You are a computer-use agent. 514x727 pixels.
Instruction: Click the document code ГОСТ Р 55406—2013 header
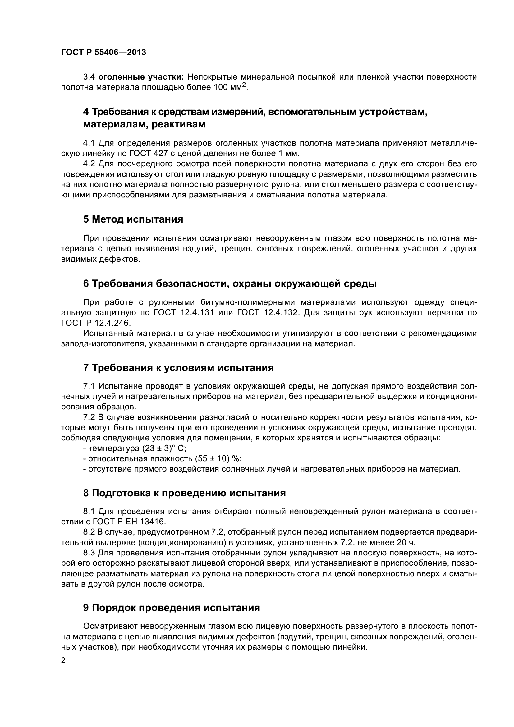(103, 52)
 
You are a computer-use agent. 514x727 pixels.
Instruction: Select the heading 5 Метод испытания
(133, 219)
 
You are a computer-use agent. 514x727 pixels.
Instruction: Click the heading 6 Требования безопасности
(230, 283)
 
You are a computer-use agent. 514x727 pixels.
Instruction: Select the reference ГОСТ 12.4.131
(184, 312)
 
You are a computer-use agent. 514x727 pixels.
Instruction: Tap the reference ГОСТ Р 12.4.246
(96, 323)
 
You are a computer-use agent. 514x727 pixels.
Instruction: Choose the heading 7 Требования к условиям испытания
(178, 368)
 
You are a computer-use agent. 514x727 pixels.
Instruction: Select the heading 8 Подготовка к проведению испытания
(185, 493)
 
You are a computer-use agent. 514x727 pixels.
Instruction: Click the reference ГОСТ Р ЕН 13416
(130, 522)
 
